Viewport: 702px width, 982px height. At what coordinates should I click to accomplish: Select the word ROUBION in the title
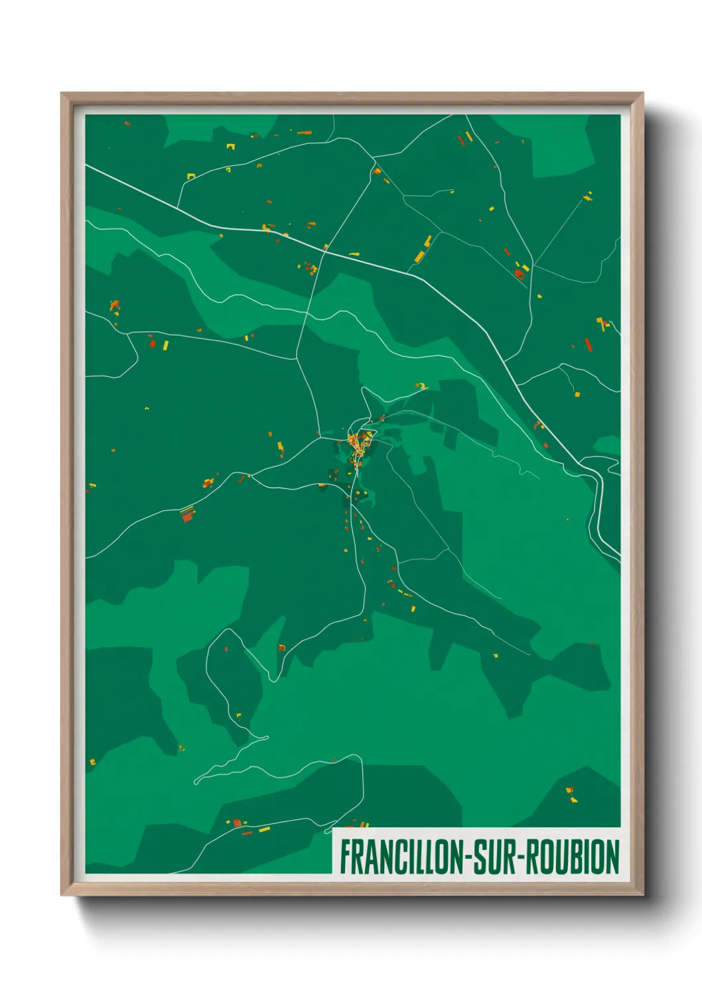pos(575,857)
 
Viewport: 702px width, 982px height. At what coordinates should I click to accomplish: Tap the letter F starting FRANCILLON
pos(345,857)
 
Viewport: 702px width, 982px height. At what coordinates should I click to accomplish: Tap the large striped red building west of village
pos(188,514)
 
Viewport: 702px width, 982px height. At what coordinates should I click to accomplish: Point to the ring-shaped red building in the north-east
pos(520,272)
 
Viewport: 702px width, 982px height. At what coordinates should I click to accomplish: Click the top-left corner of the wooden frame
pos(62,94)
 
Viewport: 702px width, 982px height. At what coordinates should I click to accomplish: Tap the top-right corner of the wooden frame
pos(642,94)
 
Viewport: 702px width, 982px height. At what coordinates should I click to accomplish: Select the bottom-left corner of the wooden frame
pos(62,894)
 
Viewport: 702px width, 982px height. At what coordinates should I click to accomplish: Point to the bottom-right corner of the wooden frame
pos(642,894)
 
